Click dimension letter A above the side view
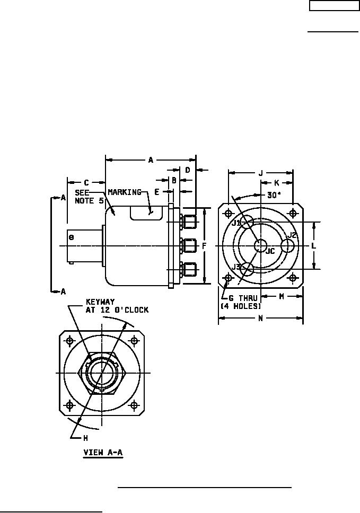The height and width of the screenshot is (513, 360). pyautogui.click(x=151, y=160)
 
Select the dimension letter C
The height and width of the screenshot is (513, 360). pyautogui.click(x=86, y=183)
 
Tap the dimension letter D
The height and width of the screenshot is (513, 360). pyautogui.click(x=188, y=170)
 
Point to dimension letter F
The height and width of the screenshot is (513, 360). pyautogui.click(x=204, y=246)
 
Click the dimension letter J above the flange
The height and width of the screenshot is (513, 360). pyautogui.click(x=260, y=172)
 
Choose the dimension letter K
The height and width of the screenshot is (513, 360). pyautogui.click(x=276, y=183)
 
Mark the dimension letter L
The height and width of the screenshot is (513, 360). pyautogui.click(x=313, y=246)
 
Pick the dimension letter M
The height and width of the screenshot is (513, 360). pyautogui.click(x=282, y=296)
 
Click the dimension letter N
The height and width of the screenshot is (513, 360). pyautogui.click(x=260, y=319)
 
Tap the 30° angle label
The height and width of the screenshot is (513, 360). pyautogui.click(x=274, y=195)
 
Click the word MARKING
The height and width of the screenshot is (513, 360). pyautogui.click(x=125, y=192)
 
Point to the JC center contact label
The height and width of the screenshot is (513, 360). pyautogui.click(x=270, y=251)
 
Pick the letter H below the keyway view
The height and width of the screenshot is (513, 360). pyautogui.click(x=85, y=438)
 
